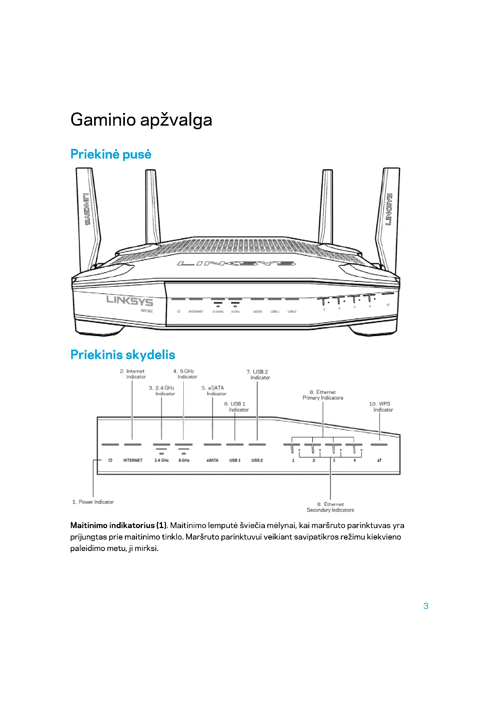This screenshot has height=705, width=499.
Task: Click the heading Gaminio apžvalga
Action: (x=141, y=120)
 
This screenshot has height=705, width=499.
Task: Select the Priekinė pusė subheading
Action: (x=111, y=154)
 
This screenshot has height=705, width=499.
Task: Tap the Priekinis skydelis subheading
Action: (x=122, y=355)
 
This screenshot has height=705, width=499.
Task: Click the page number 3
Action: (x=426, y=606)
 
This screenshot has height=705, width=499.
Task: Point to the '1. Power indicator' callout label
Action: (x=93, y=502)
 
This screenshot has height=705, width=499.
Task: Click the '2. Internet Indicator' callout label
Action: (x=133, y=374)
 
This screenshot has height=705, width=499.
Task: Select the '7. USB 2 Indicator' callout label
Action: (x=258, y=375)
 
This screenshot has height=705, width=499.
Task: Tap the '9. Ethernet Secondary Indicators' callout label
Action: (x=330, y=507)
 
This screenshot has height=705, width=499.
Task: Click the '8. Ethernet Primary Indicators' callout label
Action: (x=323, y=395)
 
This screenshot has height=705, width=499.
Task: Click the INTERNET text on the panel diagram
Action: (x=133, y=460)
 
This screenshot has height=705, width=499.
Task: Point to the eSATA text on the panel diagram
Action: (x=212, y=460)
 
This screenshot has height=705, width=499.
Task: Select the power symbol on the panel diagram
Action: (x=110, y=460)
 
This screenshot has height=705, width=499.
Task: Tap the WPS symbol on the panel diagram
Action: (x=380, y=460)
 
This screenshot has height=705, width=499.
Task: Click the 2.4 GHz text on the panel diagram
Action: (x=161, y=460)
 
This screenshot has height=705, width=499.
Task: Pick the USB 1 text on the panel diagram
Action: (x=235, y=460)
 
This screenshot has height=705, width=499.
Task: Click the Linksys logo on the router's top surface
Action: (x=236, y=263)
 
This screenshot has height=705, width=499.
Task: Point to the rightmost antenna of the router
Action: (x=388, y=215)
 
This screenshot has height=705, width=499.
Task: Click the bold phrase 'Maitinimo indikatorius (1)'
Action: (x=118, y=525)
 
